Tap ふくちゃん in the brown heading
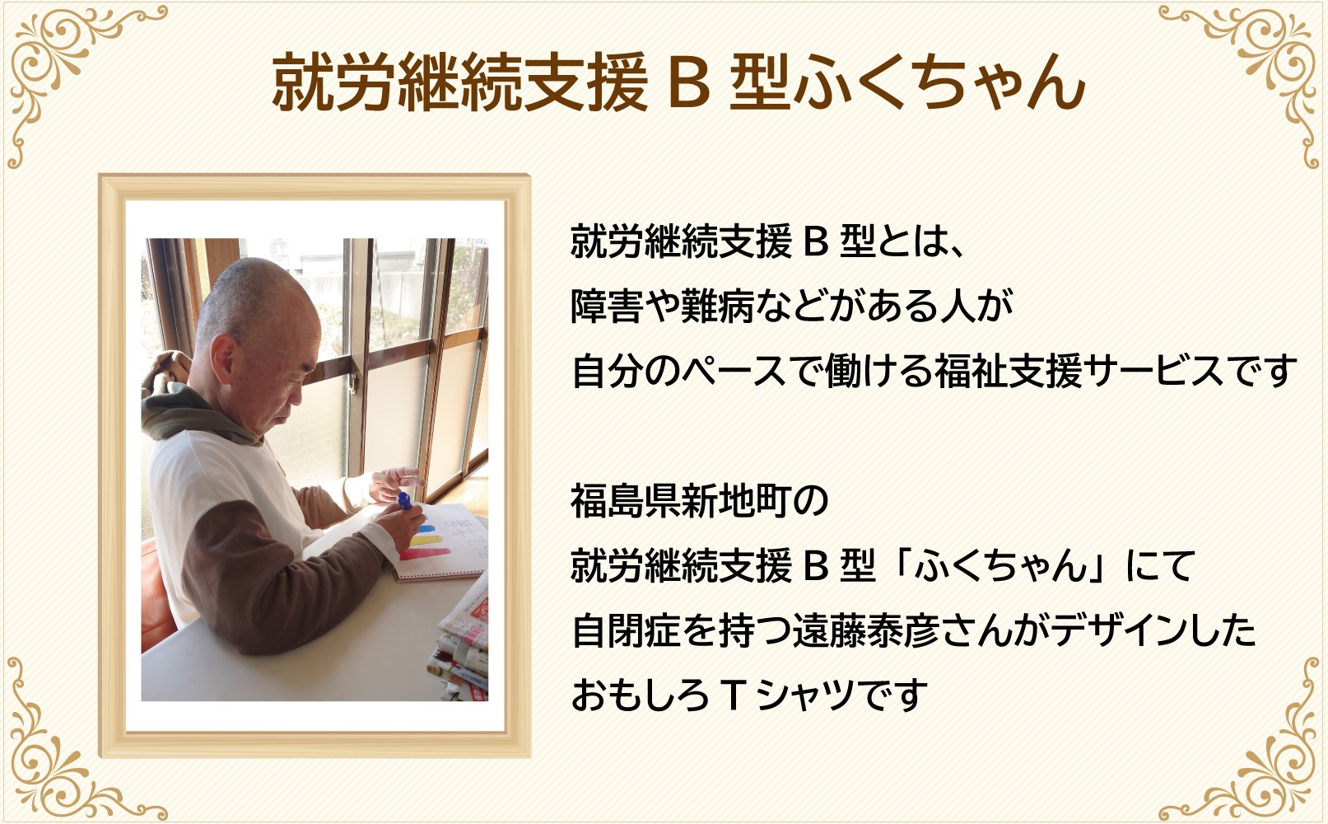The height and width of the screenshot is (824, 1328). [939, 82]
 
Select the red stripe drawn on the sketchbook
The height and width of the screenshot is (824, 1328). [426, 554]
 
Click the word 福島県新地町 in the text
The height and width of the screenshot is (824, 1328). [681, 501]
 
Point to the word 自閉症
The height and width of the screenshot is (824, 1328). [626, 630]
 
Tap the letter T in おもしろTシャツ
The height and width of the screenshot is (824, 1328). [734, 695]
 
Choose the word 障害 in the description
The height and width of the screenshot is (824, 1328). [607, 306]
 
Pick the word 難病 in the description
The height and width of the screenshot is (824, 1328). [717, 306]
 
